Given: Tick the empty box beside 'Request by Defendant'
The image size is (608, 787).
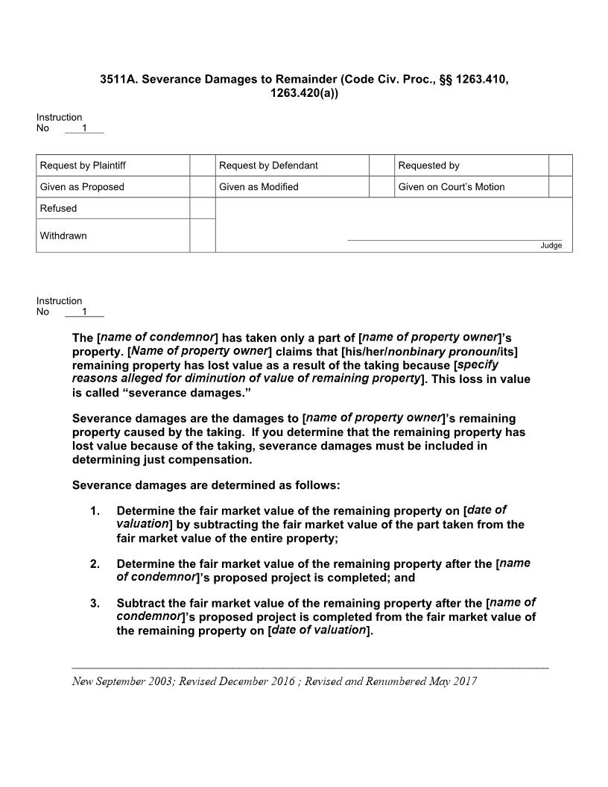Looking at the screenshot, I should click(381, 165).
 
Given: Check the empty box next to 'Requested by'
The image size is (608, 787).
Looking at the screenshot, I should click(560, 165).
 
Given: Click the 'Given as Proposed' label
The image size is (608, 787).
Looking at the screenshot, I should click(82, 187).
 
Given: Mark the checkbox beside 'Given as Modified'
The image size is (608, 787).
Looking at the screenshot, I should click(381, 187).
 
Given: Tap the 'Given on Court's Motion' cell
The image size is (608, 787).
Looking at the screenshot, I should click(452, 187).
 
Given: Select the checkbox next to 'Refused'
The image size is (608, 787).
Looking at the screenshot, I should click(202, 209).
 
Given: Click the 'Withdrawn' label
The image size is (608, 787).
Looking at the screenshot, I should click(63, 236).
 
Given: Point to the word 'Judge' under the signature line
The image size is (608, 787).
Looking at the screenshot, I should click(551, 246).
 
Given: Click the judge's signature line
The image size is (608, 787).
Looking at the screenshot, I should click(455, 239).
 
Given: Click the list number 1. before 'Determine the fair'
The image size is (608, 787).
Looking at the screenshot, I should click(95, 511).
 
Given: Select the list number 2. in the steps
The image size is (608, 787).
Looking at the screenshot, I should click(95, 564).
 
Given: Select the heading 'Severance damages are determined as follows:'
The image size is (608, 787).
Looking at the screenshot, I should click(206, 485).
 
